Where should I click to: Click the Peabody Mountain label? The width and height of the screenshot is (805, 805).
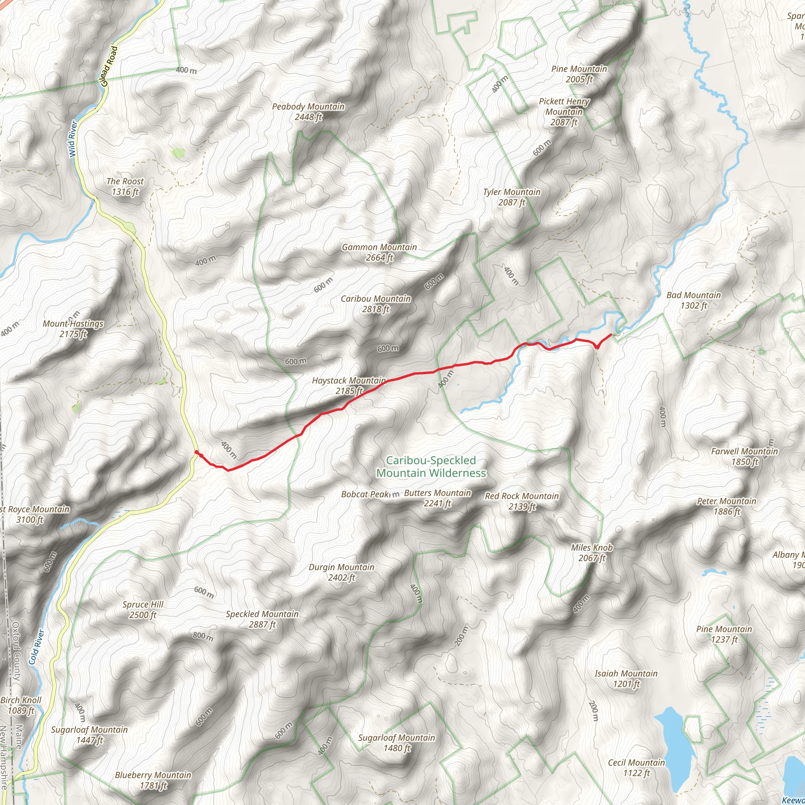308,112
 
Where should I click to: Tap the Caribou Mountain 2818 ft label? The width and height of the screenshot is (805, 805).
375,304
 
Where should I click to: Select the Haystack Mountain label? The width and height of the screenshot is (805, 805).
349,386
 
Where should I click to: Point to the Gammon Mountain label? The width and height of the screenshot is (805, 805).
379,252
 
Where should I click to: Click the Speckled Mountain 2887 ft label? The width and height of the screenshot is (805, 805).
262,619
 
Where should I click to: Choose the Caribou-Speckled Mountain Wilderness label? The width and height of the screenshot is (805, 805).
431,466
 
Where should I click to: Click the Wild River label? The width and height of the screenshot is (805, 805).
74,139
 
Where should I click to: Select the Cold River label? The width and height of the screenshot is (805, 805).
36,646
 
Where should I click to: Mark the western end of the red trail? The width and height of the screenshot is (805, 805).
196,452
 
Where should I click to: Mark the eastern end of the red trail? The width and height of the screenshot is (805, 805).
611,334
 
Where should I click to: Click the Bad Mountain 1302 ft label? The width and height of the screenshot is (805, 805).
693,300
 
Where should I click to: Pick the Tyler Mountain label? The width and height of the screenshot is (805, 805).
512,197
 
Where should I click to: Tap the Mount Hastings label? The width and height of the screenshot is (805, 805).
73,329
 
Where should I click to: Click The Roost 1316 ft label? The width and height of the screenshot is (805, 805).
125,186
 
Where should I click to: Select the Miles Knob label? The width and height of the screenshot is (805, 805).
592,553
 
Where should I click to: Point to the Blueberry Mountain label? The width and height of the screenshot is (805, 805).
153,780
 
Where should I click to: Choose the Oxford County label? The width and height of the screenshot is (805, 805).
16,651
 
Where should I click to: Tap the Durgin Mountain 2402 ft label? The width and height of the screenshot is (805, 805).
341,572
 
